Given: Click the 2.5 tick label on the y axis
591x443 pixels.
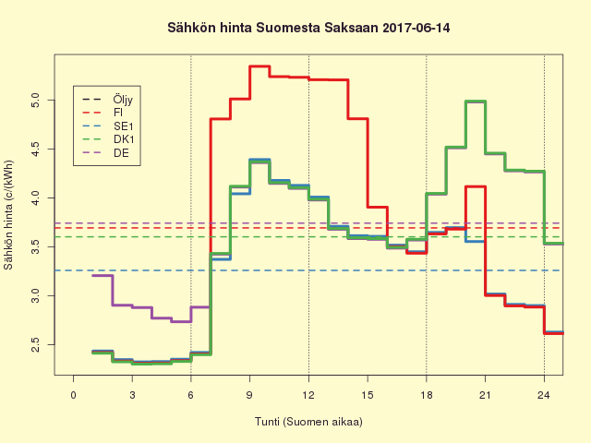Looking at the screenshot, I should pyautogui.click(x=34, y=344).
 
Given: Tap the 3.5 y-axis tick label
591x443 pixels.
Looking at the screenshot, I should pyautogui.click(x=34, y=247).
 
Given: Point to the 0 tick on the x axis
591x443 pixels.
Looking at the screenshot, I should pyautogui.click(x=74, y=395).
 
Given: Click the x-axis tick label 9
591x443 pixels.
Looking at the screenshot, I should pyautogui.click(x=249, y=395).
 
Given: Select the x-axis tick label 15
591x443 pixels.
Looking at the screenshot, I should pyautogui.click(x=368, y=395).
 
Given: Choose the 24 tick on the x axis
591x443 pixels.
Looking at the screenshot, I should pyautogui.click(x=544, y=395).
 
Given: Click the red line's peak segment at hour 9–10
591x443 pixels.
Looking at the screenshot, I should pyautogui.click(x=259, y=66).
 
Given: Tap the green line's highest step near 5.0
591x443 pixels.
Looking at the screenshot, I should pyautogui.click(x=475, y=102).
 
